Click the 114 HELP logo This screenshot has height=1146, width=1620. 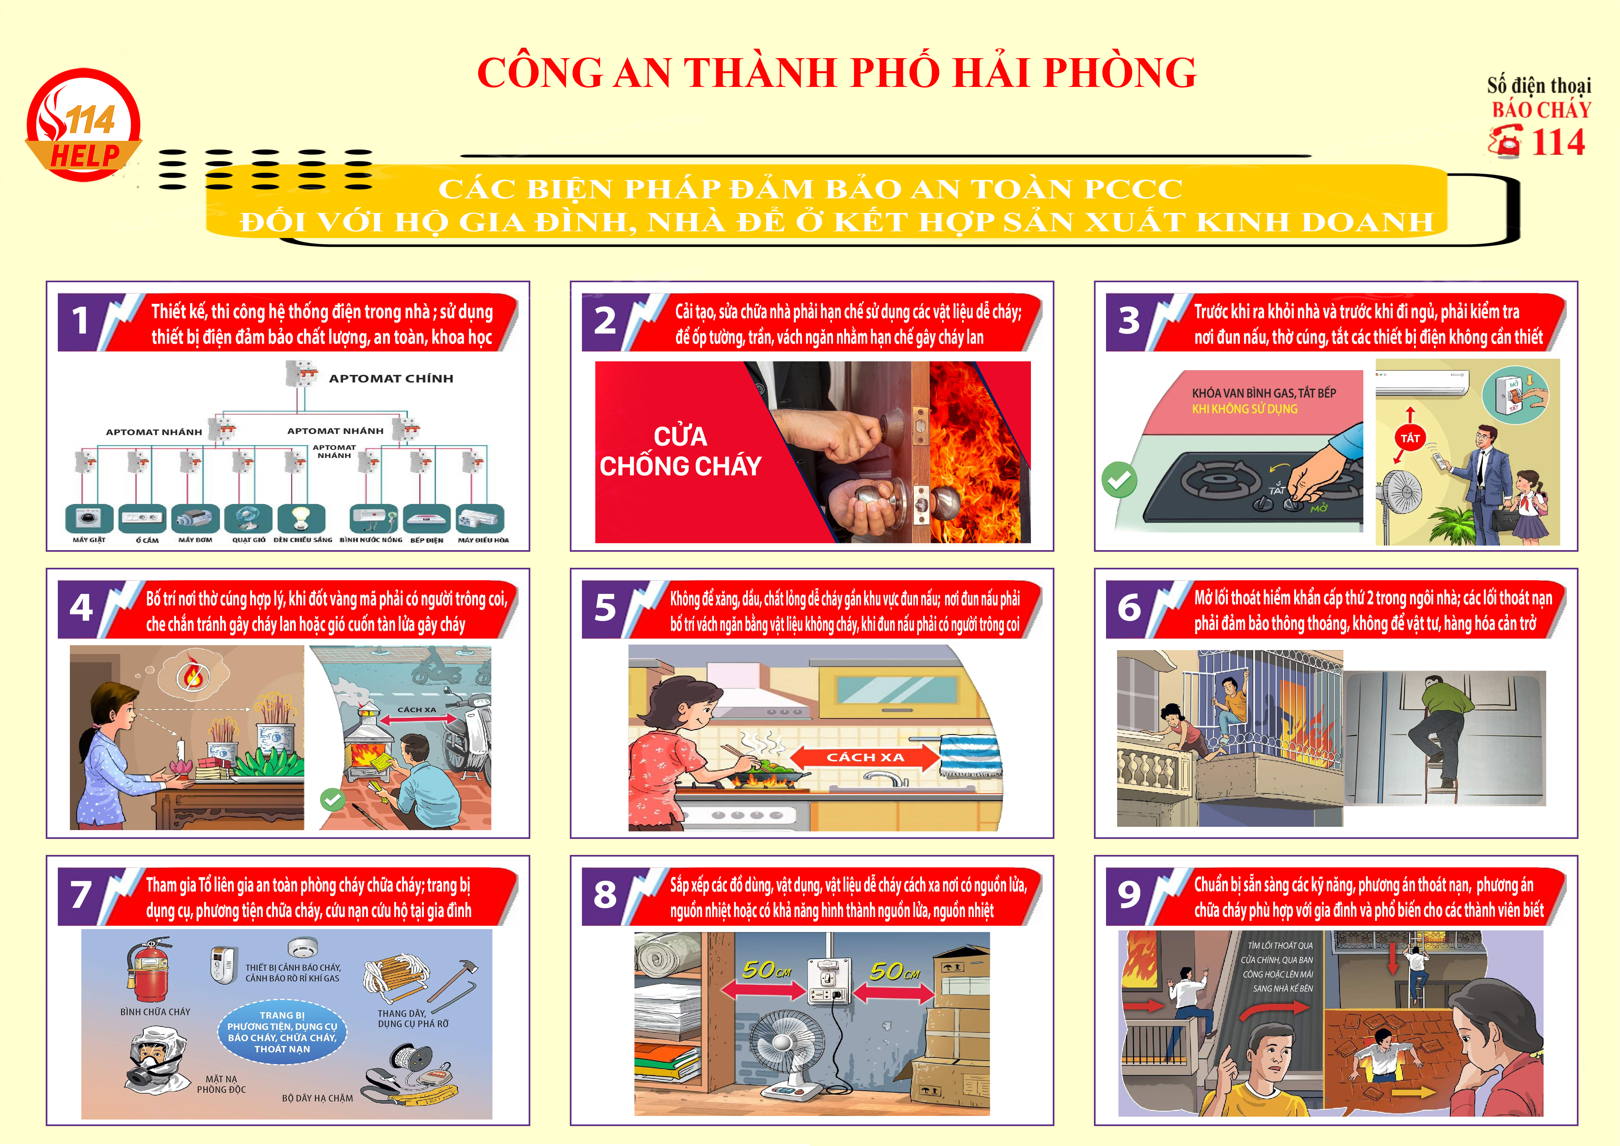[x=83, y=125]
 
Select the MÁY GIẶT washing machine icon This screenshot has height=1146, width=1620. [x=89, y=519]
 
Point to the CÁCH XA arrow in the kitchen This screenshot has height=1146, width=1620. [x=865, y=757]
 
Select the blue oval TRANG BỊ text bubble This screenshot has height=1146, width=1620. [x=282, y=1032]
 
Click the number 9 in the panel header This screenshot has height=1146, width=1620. [x=1129, y=895]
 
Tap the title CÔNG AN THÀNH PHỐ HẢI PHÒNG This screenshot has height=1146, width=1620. [x=837, y=72]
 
